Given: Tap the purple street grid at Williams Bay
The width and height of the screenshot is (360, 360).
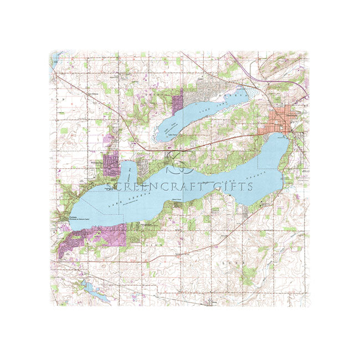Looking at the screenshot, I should pyautogui.click(x=111, y=164).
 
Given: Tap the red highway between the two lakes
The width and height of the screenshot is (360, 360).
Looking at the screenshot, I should pyautogui.click(x=222, y=141).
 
